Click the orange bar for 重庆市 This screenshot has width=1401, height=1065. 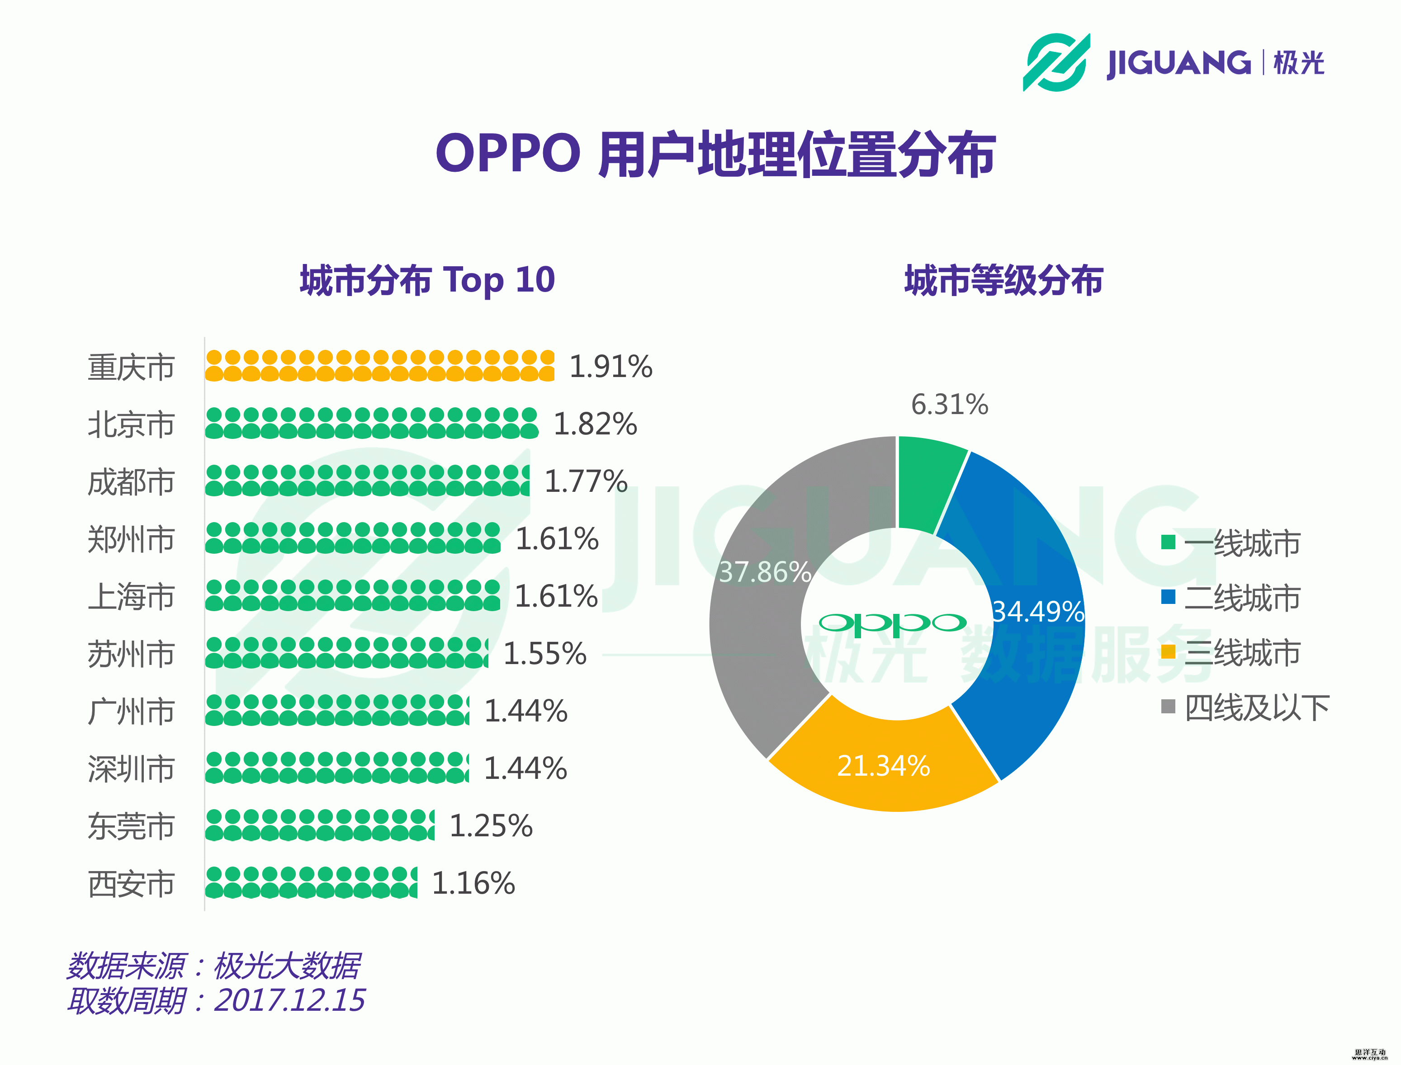click(x=379, y=366)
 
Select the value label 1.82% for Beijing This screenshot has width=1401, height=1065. click(x=595, y=424)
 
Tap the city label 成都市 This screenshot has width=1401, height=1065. click(x=131, y=482)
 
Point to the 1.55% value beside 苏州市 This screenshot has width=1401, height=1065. click(x=544, y=654)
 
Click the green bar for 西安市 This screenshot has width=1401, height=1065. click(x=311, y=882)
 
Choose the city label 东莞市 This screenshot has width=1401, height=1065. click(x=131, y=826)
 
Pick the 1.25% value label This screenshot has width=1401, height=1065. click(x=491, y=825)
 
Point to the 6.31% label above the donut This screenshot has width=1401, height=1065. click(x=949, y=405)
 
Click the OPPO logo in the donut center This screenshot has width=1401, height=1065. click(x=892, y=624)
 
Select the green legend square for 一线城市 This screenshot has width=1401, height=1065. click(x=1168, y=542)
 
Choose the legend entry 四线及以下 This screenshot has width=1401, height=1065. click(x=1256, y=707)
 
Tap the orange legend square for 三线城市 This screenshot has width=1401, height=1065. click(x=1168, y=652)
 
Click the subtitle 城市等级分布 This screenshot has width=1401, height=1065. click(x=1003, y=280)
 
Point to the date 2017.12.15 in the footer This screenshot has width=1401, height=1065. click(x=290, y=1000)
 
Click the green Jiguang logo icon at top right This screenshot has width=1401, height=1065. click(x=1056, y=62)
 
